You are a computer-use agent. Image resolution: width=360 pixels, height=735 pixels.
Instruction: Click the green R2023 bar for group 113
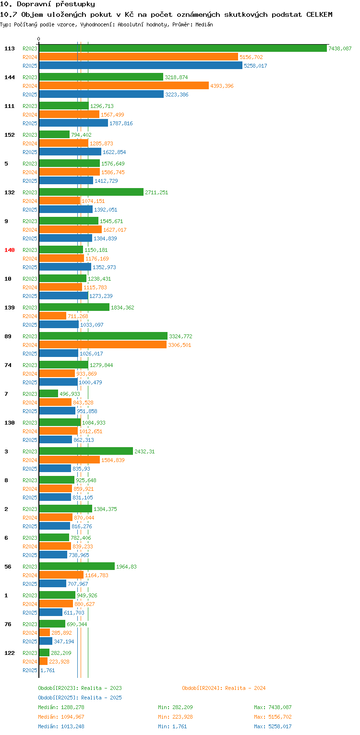click(x=182, y=48)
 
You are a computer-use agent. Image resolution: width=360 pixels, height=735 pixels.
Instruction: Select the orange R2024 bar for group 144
click(x=124, y=86)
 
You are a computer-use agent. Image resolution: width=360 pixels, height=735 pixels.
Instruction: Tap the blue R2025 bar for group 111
click(x=73, y=123)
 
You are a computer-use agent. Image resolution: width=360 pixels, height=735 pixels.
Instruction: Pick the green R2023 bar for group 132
click(x=91, y=192)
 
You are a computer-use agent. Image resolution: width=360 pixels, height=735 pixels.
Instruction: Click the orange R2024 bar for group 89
click(x=103, y=345)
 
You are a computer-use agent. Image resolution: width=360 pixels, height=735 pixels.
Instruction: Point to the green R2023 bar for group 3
click(x=86, y=451)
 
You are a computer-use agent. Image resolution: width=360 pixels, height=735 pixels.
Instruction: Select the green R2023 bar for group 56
click(x=77, y=567)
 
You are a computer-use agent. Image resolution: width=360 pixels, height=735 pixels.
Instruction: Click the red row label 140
click(x=10, y=250)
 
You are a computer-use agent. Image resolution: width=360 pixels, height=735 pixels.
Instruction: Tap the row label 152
click(x=10, y=135)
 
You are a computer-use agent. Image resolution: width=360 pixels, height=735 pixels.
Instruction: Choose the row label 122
click(x=10, y=653)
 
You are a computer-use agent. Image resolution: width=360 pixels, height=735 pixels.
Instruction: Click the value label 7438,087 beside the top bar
click(x=340, y=48)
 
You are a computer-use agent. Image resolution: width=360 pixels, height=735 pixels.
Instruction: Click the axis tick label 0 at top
click(x=39, y=39)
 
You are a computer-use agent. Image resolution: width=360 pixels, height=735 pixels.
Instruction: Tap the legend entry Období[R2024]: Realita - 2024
click(x=224, y=688)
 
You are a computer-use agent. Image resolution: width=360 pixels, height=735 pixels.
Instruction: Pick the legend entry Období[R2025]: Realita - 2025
click(x=80, y=698)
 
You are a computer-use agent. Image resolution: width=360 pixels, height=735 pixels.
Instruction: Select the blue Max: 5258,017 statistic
click(x=273, y=726)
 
